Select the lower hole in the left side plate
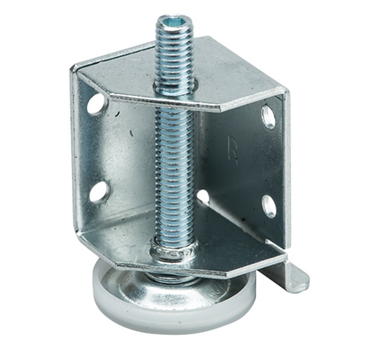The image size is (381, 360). (x=99, y=192)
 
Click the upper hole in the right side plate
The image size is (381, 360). (x=268, y=118)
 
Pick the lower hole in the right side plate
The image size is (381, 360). (x=269, y=206)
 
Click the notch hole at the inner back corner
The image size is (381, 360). (x=203, y=196)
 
